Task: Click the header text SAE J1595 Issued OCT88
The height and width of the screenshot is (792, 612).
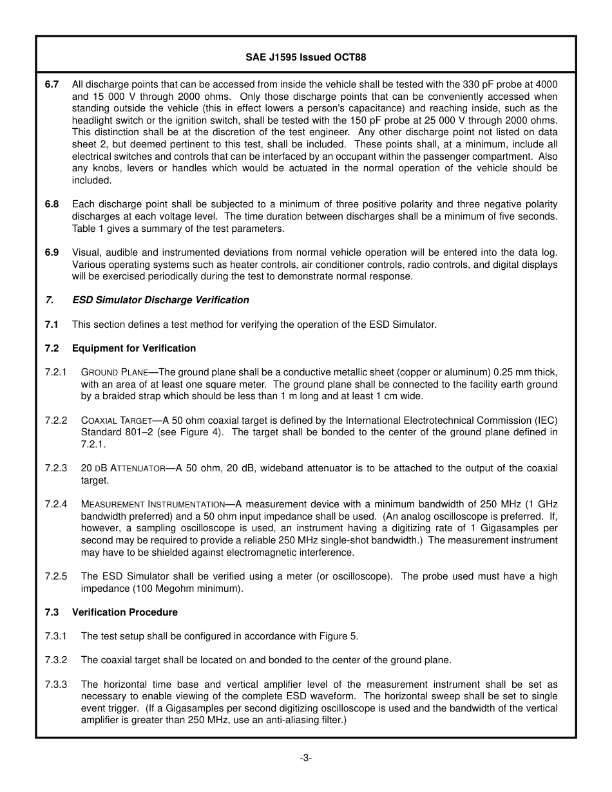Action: (x=305, y=57)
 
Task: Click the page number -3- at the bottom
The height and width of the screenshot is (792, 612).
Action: (x=305, y=758)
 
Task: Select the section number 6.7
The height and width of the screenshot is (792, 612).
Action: (x=52, y=84)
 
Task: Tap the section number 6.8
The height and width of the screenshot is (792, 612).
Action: (x=52, y=204)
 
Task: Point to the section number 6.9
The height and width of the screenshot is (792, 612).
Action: (x=52, y=252)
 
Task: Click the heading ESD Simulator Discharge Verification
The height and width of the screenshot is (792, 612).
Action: (x=160, y=300)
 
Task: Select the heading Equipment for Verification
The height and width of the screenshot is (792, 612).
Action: (x=133, y=348)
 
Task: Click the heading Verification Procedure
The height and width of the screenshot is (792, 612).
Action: (x=124, y=612)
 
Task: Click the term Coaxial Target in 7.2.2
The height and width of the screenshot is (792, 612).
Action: (x=120, y=420)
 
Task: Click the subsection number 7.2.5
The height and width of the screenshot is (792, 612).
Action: (x=56, y=576)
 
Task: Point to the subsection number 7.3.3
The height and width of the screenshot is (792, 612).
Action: (x=56, y=684)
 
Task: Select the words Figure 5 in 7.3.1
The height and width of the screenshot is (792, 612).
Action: (x=338, y=636)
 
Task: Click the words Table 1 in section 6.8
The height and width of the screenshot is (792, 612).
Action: (x=88, y=229)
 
